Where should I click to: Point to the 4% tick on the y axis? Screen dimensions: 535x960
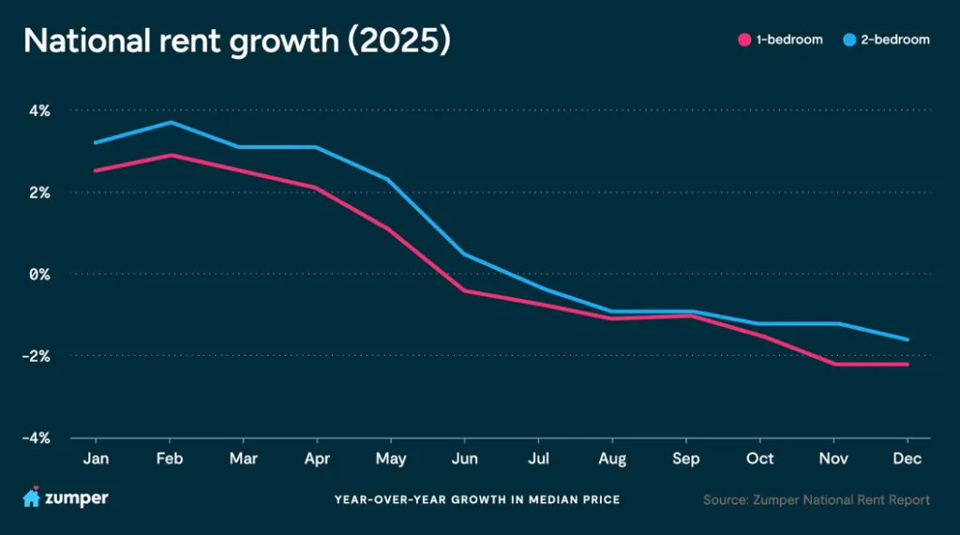pyautogui.click(x=38, y=111)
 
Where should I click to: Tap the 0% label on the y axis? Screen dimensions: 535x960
pyautogui.click(x=38, y=275)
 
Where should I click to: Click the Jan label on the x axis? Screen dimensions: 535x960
pyautogui.click(x=95, y=458)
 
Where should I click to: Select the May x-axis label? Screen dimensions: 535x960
pyautogui.click(x=391, y=458)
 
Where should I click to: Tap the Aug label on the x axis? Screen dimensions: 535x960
pyautogui.click(x=612, y=458)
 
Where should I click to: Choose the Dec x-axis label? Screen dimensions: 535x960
pyautogui.click(x=907, y=458)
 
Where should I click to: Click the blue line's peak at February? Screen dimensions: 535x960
pyautogui.click(x=170, y=123)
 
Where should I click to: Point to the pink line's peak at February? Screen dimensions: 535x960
pyautogui.click(x=170, y=156)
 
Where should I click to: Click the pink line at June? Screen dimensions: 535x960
pyautogui.click(x=464, y=290)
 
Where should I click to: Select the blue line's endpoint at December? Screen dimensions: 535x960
pyautogui.click(x=907, y=339)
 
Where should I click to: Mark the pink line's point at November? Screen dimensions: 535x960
pyautogui.click(x=833, y=364)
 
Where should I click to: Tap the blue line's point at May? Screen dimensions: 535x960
pyautogui.click(x=391, y=180)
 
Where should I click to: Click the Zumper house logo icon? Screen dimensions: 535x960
pyautogui.click(x=31, y=498)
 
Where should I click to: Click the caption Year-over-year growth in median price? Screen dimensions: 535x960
pyautogui.click(x=477, y=499)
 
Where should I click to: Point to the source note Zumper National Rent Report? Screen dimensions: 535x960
pyautogui.click(x=817, y=499)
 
